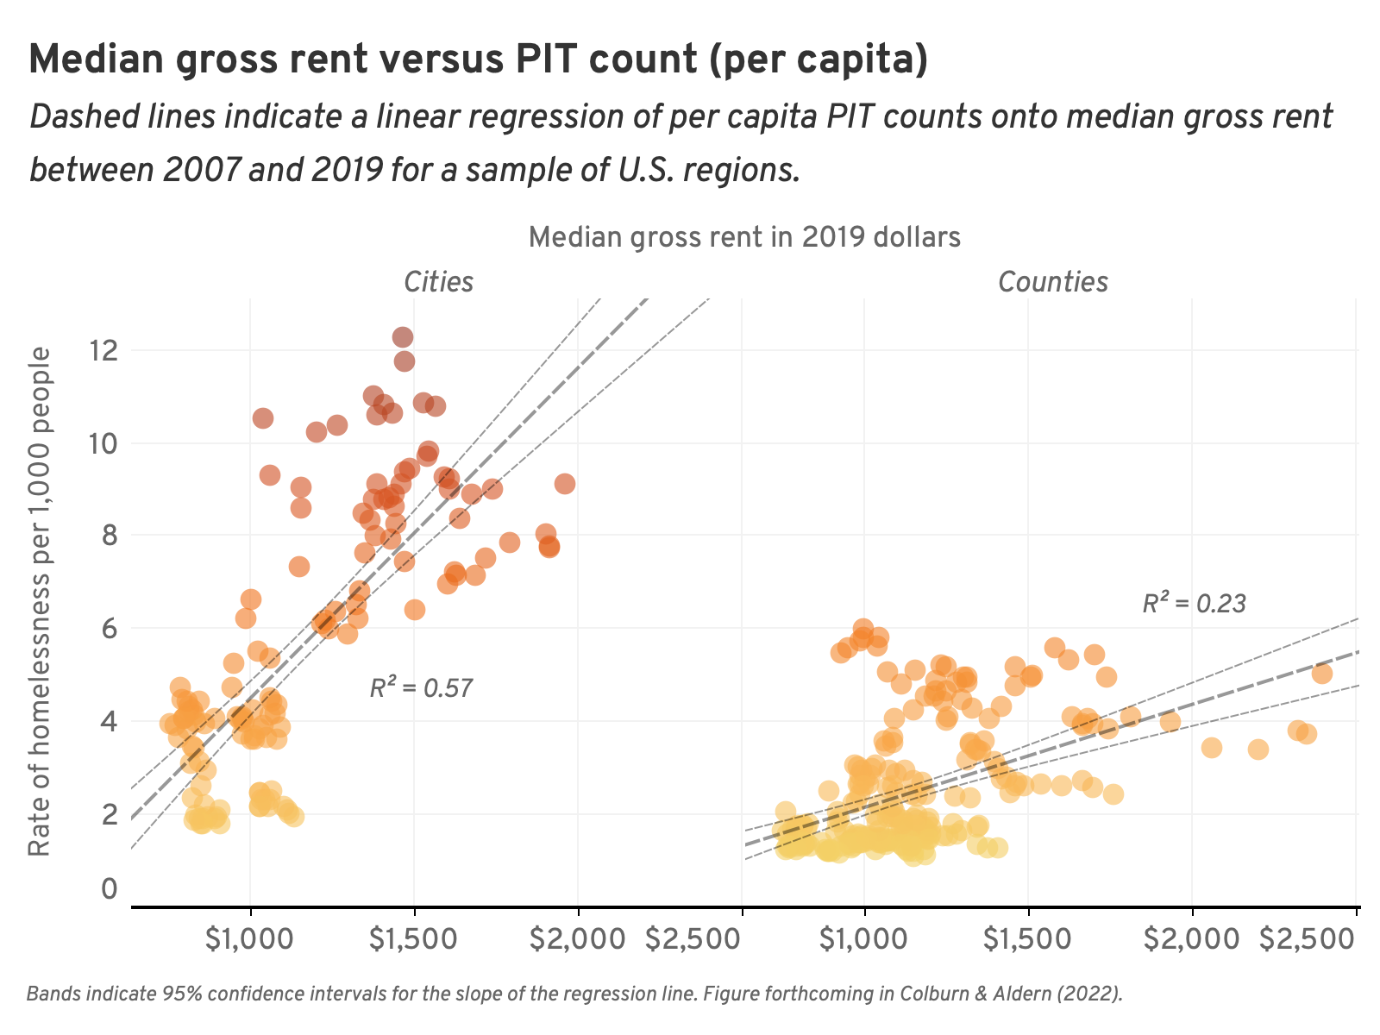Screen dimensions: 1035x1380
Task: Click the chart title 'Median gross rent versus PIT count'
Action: [479, 60]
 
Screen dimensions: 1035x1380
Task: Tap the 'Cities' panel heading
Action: [439, 282]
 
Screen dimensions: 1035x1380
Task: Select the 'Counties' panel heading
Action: [1052, 282]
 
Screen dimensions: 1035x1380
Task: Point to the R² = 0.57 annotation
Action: [421, 688]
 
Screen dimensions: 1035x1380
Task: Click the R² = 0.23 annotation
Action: [1194, 604]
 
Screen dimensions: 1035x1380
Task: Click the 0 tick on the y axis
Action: [109, 888]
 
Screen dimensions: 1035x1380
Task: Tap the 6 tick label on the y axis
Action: [109, 628]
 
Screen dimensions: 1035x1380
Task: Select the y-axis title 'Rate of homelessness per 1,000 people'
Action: [40, 602]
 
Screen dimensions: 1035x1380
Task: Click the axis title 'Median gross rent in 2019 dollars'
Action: [744, 237]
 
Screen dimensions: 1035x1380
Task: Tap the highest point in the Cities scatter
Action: [403, 337]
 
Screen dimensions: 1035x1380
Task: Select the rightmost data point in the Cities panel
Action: [565, 484]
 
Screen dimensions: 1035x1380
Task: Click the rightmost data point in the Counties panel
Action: [1322, 674]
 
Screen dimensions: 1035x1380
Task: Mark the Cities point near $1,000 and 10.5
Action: [263, 418]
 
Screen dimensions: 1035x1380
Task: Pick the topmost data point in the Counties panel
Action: [862, 629]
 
